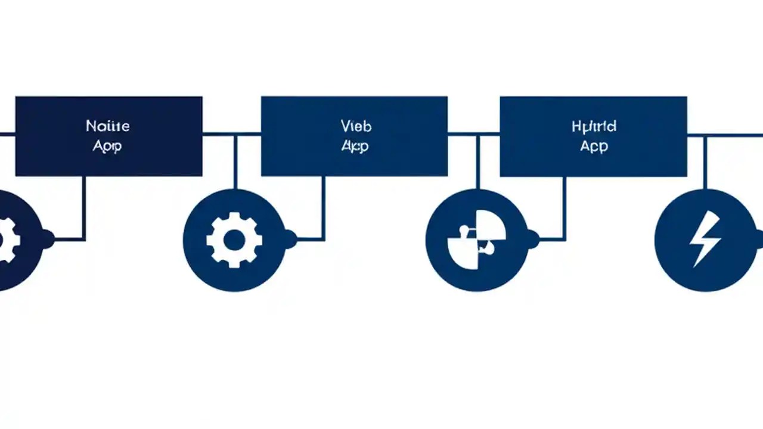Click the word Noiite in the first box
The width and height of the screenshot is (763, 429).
coord(108,126)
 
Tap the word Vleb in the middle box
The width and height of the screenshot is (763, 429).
coord(356,126)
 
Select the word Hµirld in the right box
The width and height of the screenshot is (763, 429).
coord(593,126)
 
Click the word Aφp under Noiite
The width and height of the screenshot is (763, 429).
coord(107,146)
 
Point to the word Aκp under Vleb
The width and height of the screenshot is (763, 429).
coord(355,146)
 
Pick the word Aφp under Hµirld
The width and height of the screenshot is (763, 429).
coord(594,146)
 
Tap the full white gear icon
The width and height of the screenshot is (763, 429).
coord(234,240)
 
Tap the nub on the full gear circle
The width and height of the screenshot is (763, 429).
coord(290,240)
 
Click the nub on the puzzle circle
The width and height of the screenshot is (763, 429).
coord(533,240)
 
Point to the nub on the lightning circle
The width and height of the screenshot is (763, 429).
coord(758,240)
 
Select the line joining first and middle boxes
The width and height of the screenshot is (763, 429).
coord(231,134)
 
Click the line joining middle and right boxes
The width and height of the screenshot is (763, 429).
coord(473,134)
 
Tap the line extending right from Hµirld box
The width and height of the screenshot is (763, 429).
coord(724,135)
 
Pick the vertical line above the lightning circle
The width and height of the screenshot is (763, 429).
coord(705,161)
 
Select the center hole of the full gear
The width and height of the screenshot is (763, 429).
coord(234,240)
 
